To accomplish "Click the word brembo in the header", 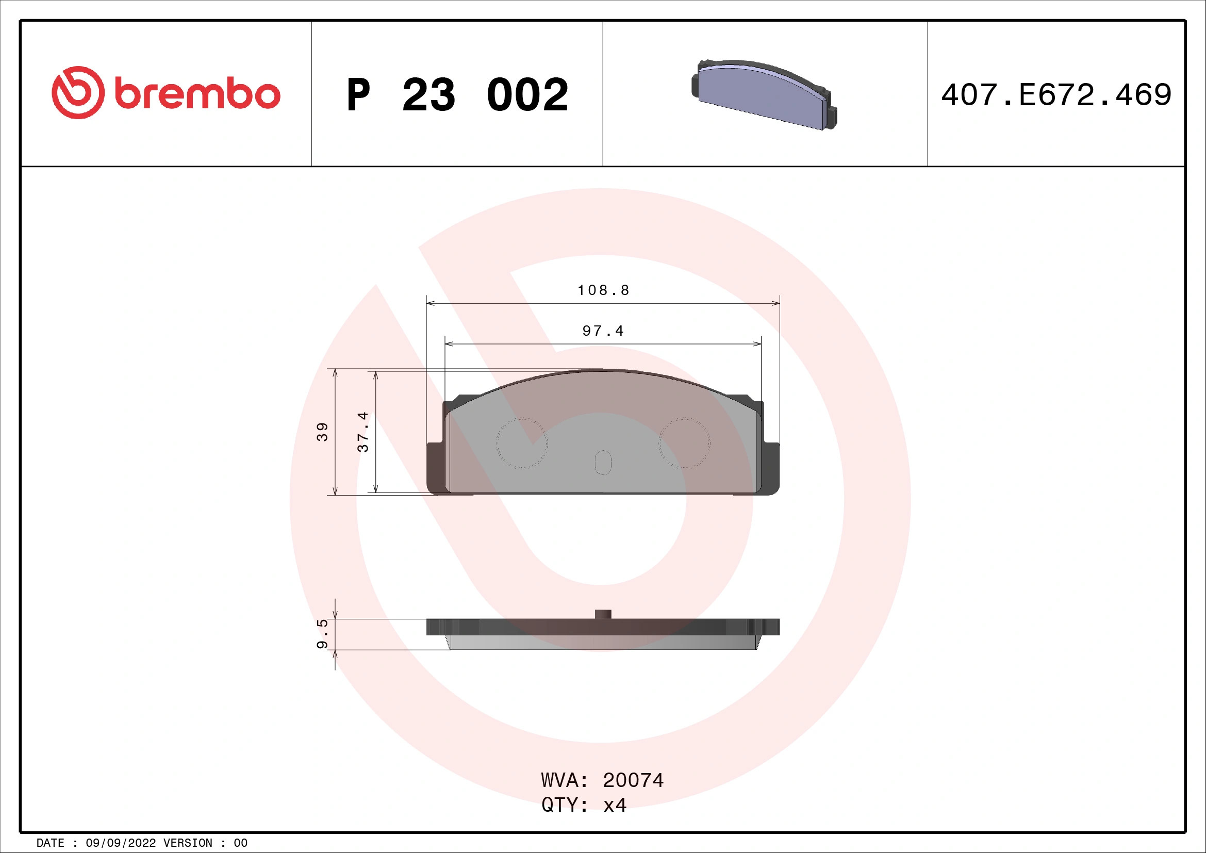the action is tap(197, 94).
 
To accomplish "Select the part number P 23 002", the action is tap(457, 95).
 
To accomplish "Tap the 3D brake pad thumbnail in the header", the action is tap(764, 94).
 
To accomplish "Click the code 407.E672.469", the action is tap(1056, 95).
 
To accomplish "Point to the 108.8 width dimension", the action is tap(603, 290).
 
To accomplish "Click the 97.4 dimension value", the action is tap(603, 331).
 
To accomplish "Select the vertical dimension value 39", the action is tap(322, 432).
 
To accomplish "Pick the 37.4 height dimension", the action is tap(363, 432).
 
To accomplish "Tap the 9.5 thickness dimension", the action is tap(322, 633).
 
